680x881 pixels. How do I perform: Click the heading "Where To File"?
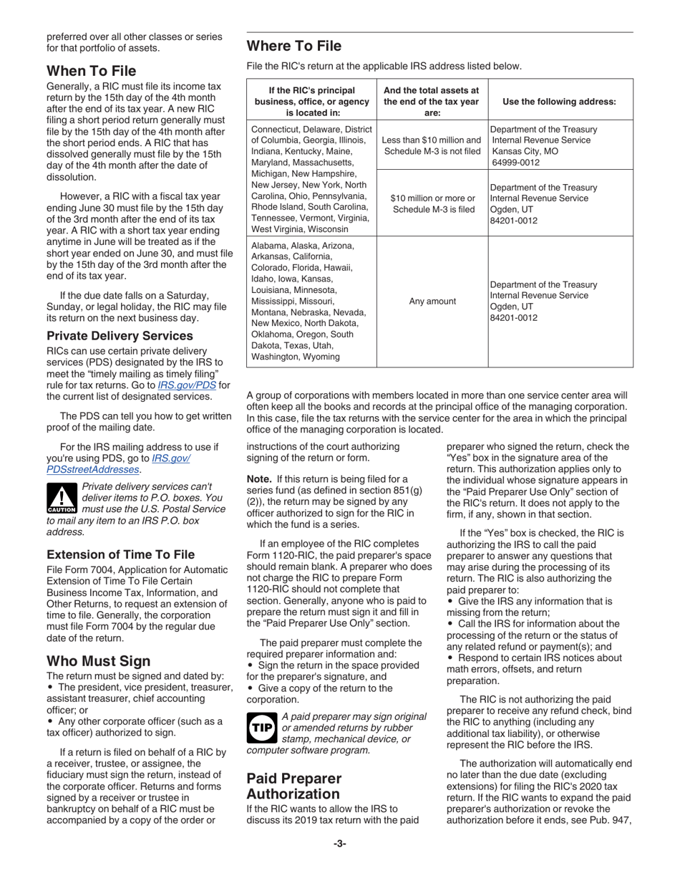click(293, 47)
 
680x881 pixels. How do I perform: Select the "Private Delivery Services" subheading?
click(120, 336)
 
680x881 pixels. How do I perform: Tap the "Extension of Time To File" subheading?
click(120, 554)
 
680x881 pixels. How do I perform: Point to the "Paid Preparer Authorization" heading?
click(294, 786)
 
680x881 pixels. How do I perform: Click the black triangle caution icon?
click(62, 497)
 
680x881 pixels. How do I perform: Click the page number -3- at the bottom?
click(339, 844)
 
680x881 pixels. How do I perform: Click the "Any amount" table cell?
click(432, 302)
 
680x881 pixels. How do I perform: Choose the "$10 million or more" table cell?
click(432, 203)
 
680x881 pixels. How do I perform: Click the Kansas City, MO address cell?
click(544, 145)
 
